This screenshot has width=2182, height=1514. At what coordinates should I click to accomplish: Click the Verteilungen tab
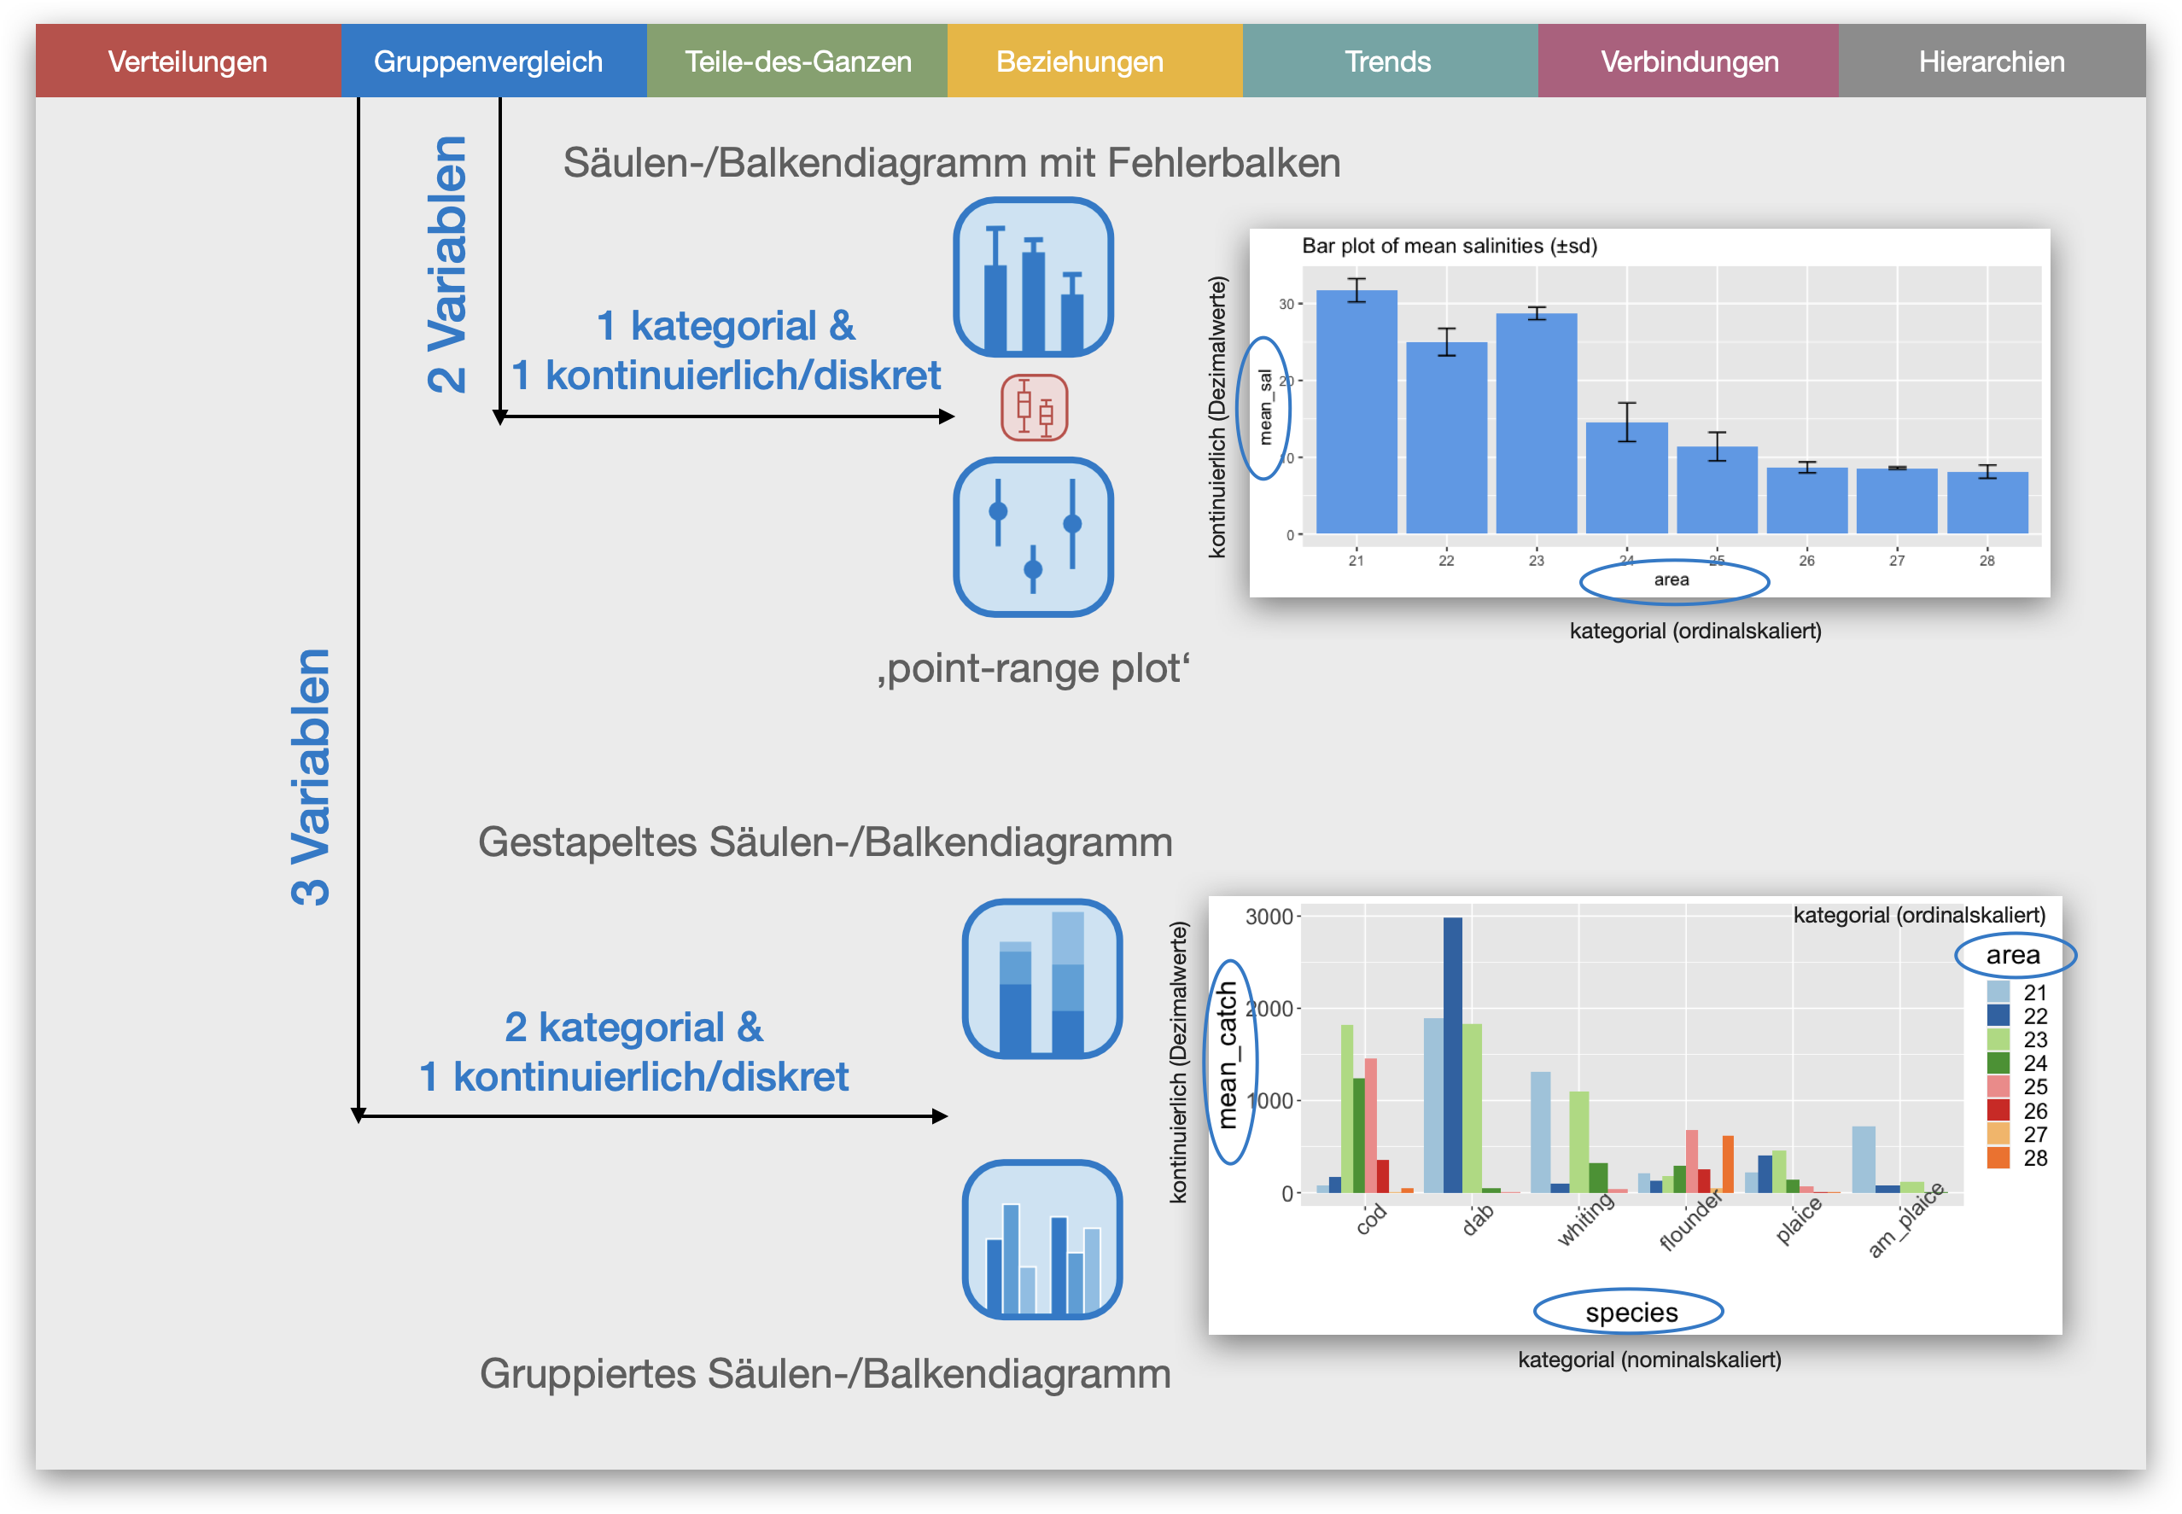(188, 61)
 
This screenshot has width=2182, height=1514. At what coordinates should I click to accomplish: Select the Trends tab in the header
(1389, 61)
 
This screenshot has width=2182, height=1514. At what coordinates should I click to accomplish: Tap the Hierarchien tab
(1992, 61)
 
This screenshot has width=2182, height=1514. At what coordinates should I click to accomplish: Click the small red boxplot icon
(1034, 408)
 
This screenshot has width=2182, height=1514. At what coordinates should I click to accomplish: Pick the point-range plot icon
(1033, 537)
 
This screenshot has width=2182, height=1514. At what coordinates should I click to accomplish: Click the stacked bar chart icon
(1041, 979)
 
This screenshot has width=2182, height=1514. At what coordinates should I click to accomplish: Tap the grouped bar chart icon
(1041, 1239)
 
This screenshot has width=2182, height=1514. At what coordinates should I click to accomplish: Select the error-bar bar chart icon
(1033, 277)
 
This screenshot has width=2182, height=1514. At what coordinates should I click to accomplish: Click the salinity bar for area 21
(1356, 411)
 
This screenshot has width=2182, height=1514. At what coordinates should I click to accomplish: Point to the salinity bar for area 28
(1987, 503)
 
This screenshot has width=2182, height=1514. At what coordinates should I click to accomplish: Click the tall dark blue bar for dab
(1452, 1055)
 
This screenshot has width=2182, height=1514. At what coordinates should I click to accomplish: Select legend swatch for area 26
(1998, 1109)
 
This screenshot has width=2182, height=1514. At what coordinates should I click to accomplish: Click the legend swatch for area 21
(1998, 992)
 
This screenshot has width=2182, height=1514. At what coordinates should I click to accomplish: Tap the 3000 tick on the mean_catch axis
(1269, 917)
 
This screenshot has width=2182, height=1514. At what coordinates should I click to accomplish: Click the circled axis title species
(1631, 1312)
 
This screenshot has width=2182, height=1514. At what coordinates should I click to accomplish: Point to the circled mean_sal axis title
(1264, 408)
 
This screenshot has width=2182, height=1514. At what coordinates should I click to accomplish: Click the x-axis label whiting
(1586, 1219)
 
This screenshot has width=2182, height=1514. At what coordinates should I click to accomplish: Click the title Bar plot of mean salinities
(1449, 246)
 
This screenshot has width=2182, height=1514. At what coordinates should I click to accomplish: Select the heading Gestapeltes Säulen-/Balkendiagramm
(826, 842)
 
